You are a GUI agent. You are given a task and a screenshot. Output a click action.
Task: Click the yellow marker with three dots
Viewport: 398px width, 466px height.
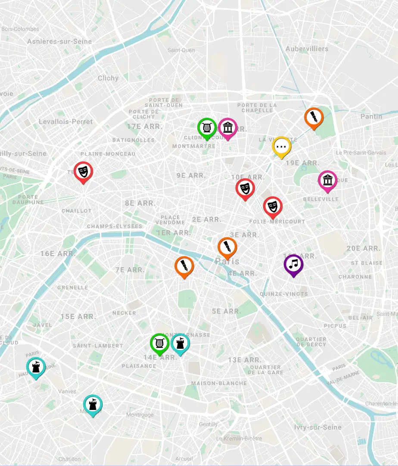click(282, 147)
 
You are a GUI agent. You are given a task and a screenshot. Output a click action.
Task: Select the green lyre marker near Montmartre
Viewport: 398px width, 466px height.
click(207, 128)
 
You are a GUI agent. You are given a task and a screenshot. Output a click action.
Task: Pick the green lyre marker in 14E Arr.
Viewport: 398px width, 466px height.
click(159, 343)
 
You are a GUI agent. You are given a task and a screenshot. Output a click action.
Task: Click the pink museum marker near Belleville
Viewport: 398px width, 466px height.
click(327, 181)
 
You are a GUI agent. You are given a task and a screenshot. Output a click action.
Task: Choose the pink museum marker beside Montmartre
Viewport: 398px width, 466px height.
click(227, 128)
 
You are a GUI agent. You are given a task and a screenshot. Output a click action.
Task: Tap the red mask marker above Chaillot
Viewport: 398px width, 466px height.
click(83, 172)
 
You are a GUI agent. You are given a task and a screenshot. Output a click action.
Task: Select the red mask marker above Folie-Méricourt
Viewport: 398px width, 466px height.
click(273, 206)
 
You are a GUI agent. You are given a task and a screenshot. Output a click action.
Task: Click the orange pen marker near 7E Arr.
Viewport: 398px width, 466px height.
click(184, 266)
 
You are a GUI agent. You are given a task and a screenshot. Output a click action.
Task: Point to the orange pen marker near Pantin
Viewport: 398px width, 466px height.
click(314, 117)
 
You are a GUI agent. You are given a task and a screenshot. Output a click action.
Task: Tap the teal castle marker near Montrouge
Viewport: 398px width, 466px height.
click(93, 404)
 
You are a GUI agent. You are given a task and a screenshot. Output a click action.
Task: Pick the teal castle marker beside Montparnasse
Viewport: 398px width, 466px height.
click(180, 343)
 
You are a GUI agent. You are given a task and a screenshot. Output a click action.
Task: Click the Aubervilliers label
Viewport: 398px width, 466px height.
click(307, 49)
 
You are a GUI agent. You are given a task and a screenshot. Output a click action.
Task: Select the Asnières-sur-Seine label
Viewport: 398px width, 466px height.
click(59, 41)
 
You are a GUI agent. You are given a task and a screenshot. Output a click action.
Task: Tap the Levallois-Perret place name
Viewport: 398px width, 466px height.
click(65, 122)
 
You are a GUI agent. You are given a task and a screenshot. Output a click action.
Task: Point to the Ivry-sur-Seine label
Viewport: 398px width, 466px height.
click(317, 427)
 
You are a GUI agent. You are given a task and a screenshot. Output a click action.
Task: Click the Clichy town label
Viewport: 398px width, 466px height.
click(108, 78)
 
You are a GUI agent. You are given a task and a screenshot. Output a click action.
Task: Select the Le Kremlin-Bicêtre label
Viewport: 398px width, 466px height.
click(239, 438)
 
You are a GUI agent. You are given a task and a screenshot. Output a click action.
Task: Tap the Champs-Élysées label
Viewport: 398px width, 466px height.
click(114, 226)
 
